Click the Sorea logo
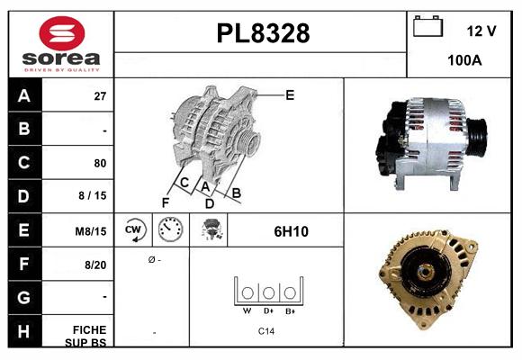(x=61, y=44)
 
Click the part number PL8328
(x=263, y=33)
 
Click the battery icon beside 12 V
(x=427, y=28)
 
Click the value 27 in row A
(x=100, y=95)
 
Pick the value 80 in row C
(x=100, y=163)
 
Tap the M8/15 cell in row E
(x=92, y=231)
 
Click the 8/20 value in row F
(x=96, y=265)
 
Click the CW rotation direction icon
(x=133, y=230)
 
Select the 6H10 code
(x=291, y=231)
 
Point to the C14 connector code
(x=266, y=331)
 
